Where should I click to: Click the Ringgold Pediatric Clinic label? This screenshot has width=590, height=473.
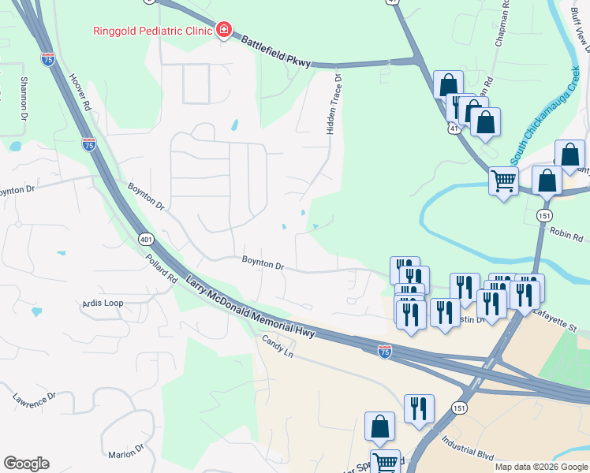pos(151,32)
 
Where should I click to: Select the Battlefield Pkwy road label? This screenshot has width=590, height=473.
pos(276,51)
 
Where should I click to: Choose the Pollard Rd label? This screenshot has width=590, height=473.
pos(161,267)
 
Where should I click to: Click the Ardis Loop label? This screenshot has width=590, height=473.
pos(103,303)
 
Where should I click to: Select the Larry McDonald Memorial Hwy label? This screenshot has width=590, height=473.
pos(250,307)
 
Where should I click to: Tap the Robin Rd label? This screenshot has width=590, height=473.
pos(566,235)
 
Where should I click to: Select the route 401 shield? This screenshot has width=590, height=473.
pos(145,238)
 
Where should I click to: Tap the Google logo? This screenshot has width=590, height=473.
pos(26,464)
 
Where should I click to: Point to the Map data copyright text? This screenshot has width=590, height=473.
pos(541,467)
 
